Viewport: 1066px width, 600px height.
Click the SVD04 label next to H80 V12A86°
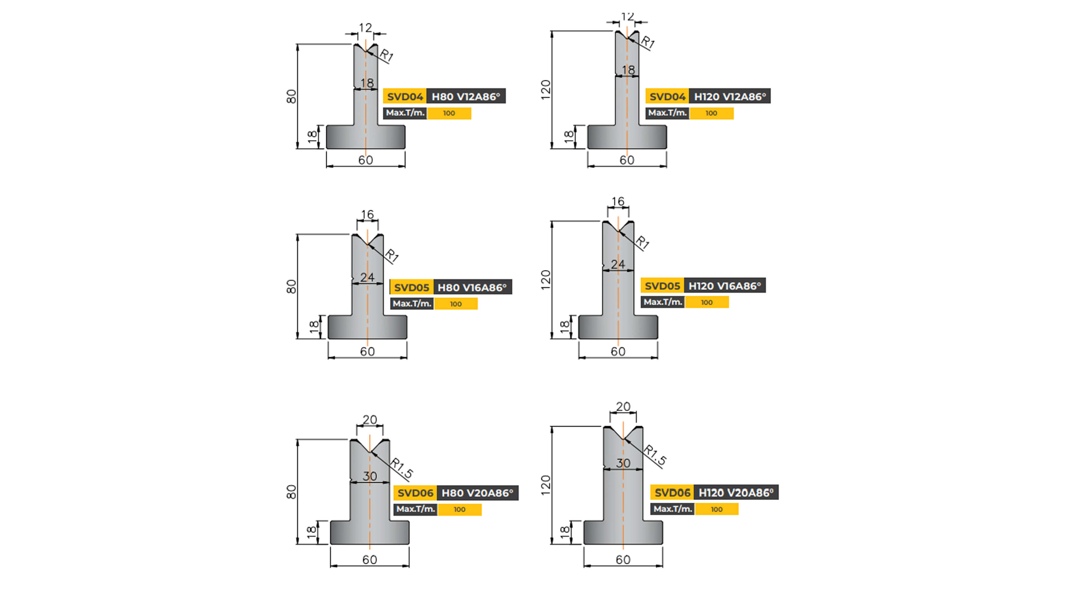pos(404,96)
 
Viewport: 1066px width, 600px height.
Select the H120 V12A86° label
pos(730,96)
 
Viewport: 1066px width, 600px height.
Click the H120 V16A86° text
pos(725,286)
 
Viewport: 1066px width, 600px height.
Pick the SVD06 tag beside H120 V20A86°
pos(672,492)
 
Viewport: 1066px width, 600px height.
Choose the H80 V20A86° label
pos(477,493)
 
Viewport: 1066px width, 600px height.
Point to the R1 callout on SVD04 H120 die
pos(648,42)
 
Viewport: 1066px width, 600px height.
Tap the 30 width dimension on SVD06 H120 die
pos(623,463)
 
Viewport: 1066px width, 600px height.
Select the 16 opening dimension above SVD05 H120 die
pos(618,201)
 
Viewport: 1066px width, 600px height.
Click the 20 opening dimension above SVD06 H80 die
pos(370,420)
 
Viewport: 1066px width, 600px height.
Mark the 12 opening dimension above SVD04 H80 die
pos(366,28)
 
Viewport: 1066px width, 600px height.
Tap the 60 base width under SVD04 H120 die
pos(627,160)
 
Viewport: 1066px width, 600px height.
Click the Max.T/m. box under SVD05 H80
pos(412,303)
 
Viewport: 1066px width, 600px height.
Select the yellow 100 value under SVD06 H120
pos(716,509)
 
